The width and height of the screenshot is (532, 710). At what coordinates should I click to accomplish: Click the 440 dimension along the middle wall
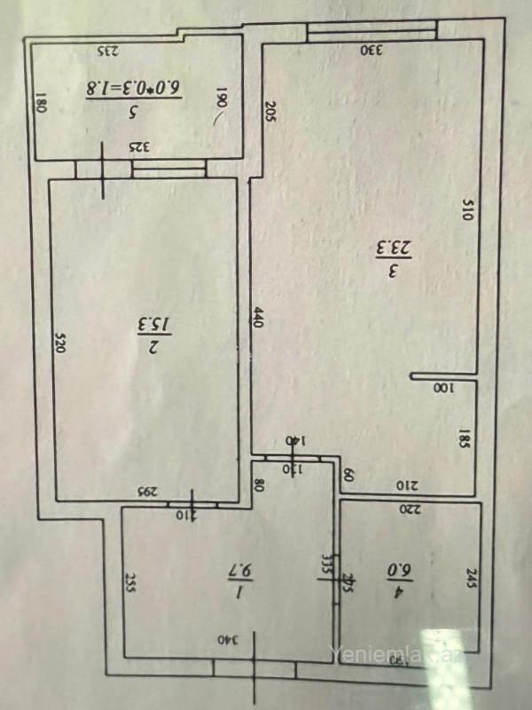pyautogui.click(x=259, y=319)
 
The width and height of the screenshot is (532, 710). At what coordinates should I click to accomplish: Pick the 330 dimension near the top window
pyautogui.click(x=371, y=51)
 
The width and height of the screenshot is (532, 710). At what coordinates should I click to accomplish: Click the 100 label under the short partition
pyautogui.click(x=441, y=388)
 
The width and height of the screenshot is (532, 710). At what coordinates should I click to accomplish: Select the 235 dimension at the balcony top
pyautogui.click(x=107, y=51)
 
